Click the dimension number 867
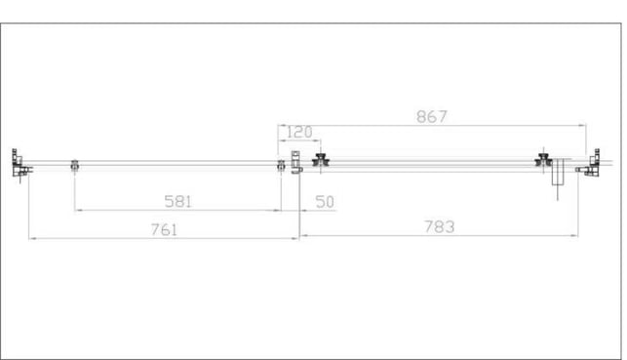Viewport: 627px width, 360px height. [x=431, y=117]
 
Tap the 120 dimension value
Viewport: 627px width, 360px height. [x=299, y=132]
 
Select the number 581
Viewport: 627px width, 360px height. [x=178, y=202]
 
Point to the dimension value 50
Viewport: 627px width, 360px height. [x=325, y=202]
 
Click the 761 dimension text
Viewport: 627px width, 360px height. [x=164, y=230]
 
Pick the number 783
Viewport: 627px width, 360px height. [x=440, y=227]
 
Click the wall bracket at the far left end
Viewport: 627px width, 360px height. [x=20, y=164]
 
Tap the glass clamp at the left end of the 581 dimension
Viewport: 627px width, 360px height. [x=75, y=165]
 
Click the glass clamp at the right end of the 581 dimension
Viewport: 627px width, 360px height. [x=281, y=165]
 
